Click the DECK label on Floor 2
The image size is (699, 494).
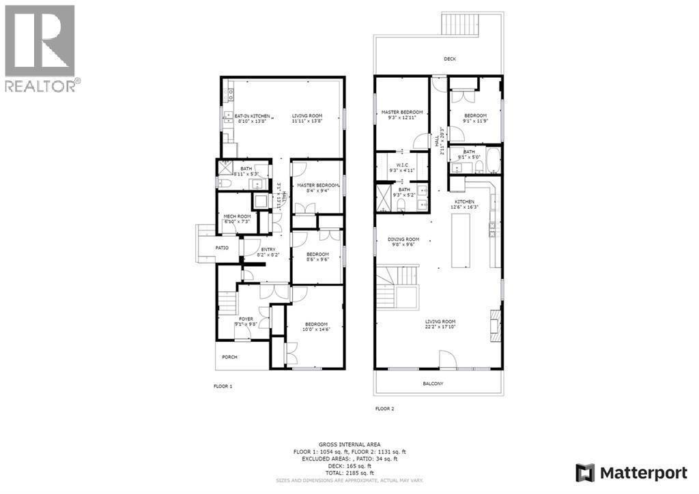449,59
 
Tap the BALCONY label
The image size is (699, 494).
433,383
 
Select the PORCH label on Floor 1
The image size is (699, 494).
229,357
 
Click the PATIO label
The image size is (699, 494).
222,248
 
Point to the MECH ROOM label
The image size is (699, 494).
234,217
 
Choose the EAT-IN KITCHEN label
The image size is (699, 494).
252,116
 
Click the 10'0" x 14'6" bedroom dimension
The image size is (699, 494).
316,330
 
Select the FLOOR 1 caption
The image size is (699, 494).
223,386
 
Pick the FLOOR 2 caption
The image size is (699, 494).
384,409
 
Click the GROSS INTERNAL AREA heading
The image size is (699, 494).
349,443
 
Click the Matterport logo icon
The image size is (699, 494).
585,472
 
